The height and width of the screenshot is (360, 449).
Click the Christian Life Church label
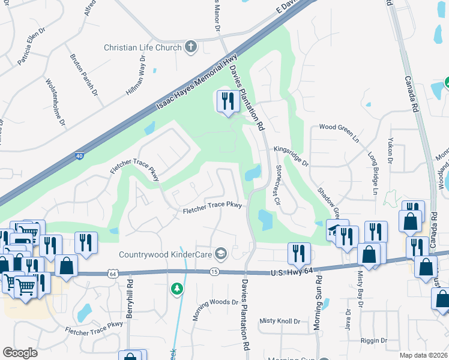click(x=143, y=47)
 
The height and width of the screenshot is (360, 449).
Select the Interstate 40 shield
click(x=80, y=156)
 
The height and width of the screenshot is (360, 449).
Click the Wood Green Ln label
click(x=339, y=127)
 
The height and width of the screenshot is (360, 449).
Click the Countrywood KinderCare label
click(x=166, y=254)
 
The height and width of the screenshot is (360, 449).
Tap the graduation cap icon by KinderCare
click(x=221, y=254)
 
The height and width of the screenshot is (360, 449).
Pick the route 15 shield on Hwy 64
click(x=214, y=272)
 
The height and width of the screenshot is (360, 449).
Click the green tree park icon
click(x=176, y=289)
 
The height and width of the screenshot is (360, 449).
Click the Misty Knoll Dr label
click(x=280, y=322)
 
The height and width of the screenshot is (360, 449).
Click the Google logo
click(x=20, y=353)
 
